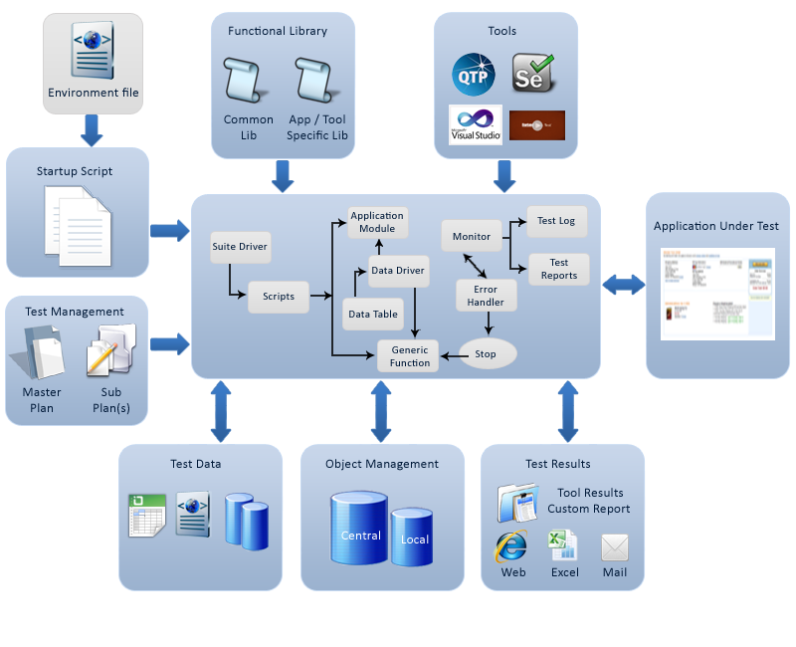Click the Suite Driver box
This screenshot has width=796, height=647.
tap(240, 246)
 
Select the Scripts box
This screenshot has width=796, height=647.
tap(279, 296)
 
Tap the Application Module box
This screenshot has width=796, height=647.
tap(378, 222)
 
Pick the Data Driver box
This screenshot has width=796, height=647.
tap(397, 270)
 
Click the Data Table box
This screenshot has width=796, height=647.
tap(372, 314)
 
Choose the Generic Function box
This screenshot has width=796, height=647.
tap(409, 356)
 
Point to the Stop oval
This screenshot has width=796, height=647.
tap(486, 353)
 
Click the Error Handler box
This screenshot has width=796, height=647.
tap(486, 295)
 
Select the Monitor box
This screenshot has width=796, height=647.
tap(472, 236)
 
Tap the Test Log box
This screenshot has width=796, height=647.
tap(556, 221)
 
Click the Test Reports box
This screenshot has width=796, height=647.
tap(558, 269)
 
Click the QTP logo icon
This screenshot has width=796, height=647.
tap(474, 76)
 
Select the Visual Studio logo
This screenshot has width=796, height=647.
tap(476, 125)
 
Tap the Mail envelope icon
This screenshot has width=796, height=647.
tap(615, 547)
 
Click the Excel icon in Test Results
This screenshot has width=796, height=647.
tap(563, 545)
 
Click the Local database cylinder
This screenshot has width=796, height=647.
tap(412, 537)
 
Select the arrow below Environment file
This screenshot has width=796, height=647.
tap(93, 129)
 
